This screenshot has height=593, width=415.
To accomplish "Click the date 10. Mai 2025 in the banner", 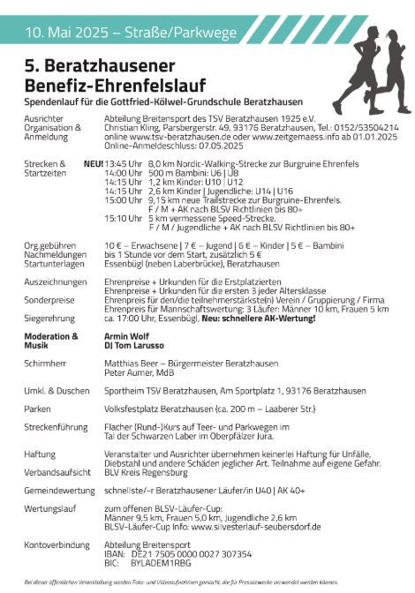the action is point(64,34).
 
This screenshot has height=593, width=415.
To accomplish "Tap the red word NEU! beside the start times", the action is point(93,164).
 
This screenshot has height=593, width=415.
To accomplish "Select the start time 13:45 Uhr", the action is point(121,164).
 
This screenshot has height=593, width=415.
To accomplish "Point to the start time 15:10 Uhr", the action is point(121,218).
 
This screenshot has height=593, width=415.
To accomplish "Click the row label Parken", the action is point(40,409).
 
